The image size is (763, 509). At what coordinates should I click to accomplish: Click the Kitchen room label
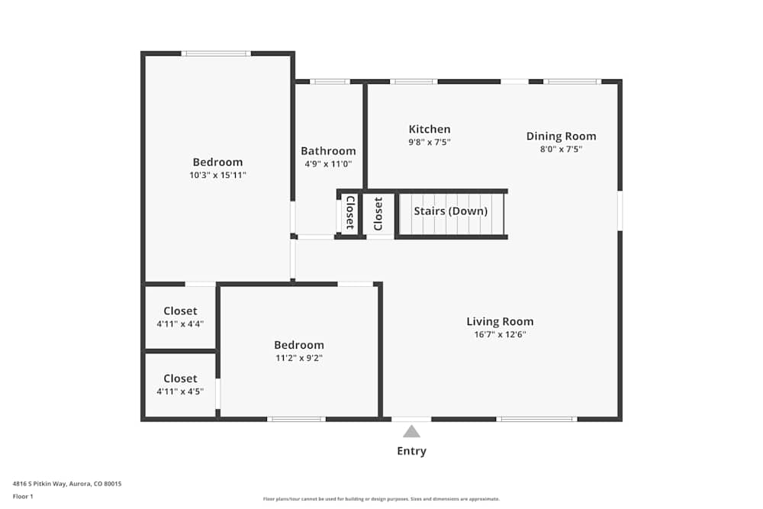[x=430, y=129]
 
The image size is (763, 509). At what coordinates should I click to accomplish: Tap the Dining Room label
[x=561, y=136]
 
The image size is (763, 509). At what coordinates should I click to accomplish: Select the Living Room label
[x=500, y=321]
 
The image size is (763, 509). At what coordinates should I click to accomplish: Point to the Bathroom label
[x=328, y=150]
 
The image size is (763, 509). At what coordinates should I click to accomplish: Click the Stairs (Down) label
[x=450, y=211]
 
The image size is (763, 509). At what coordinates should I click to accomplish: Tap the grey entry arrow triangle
[x=411, y=431]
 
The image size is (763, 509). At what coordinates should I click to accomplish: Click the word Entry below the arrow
[x=411, y=451]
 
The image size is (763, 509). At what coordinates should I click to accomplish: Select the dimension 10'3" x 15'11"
[x=217, y=175]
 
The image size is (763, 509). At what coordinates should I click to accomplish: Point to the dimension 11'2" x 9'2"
[x=299, y=357]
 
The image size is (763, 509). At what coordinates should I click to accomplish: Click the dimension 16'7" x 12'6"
[x=500, y=334]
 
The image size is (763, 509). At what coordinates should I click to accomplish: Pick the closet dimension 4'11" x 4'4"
[x=180, y=324]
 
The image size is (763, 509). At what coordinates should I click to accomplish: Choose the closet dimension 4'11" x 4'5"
[x=180, y=391]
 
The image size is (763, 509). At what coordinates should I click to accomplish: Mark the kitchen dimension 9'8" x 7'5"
[x=430, y=142]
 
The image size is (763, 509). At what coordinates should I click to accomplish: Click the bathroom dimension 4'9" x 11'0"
[x=328, y=163]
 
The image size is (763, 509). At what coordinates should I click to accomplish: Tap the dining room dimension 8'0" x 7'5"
[x=561, y=149]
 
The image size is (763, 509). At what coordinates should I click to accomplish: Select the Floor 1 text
[x=23, y=496]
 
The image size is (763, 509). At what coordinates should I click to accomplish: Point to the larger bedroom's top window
[x=216, y=53]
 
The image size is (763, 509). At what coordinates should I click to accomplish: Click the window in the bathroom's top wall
[x=329, y=82]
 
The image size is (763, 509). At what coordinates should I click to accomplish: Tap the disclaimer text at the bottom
[x=381, y=499]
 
